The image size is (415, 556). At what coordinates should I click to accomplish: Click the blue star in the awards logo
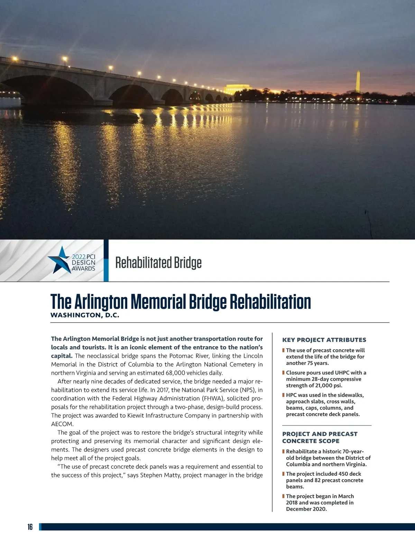[x=60, y=260]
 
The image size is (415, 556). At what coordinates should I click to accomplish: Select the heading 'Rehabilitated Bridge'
[x=158, y=263]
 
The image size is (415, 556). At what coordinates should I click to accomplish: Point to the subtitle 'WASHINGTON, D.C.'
[x=85, y=315]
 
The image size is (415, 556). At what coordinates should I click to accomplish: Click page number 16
[x=30, y=527]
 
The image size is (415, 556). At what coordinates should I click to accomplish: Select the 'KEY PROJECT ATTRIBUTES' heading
[x=324, y=340]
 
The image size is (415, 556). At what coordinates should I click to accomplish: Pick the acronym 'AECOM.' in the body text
[x=62, y=424]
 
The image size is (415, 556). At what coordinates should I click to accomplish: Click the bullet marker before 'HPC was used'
[x=284, y=395]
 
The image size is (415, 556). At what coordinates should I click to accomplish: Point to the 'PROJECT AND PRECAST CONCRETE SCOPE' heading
[x=320, y=437]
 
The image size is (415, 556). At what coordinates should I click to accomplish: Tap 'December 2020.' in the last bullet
[x=306, y=509]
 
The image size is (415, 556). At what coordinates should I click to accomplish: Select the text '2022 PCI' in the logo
[x=83, y=257]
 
